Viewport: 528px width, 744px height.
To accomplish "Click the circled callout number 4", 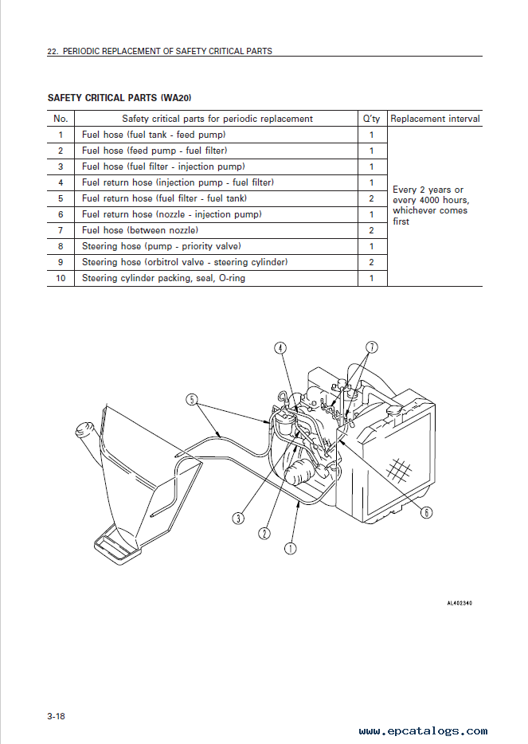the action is coord(280,348).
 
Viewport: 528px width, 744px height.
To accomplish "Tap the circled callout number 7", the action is coord(372,347).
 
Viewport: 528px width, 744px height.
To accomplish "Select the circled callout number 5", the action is coord(192,400).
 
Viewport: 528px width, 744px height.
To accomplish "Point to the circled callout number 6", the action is coord(427,512).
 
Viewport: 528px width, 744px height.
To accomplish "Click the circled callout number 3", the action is coord(238,518).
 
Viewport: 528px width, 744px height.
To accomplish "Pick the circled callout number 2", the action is coord(264,534).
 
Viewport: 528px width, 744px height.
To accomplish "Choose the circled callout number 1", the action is coord(291,549).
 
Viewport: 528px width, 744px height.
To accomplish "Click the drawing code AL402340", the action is coord(460,603).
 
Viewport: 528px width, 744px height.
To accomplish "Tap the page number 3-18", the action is coord(56,716).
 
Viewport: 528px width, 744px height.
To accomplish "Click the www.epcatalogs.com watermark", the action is coord(423,731).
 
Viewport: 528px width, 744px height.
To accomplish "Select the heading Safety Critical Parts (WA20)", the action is coord(119,98).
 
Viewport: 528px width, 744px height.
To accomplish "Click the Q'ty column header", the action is coord(371,119).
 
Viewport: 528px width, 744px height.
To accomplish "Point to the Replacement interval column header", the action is coord(435,119).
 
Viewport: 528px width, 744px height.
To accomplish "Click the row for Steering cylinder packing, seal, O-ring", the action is coord(217,278).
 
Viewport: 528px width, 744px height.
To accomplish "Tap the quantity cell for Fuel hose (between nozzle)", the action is coord(371,230).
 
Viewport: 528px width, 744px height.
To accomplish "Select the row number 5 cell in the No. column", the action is coord(61,198).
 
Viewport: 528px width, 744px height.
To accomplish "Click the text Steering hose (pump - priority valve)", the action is coord(162,246).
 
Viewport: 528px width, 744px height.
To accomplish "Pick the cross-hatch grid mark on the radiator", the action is coord(398,469).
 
